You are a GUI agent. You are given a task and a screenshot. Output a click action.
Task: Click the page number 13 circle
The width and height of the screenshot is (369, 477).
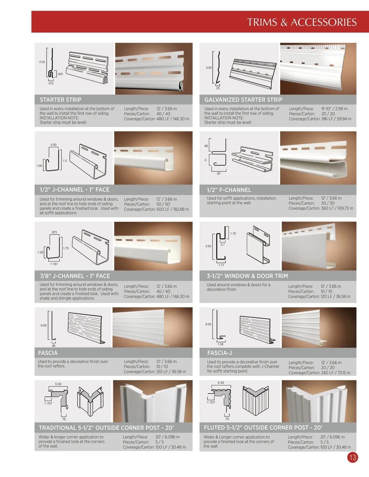click(x=353, y=457)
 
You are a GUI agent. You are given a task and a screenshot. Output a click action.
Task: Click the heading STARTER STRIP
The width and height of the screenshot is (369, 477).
click(x=61, y=100)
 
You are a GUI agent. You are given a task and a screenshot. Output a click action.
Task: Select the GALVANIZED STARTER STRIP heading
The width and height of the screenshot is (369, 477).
click(x=243, y=100)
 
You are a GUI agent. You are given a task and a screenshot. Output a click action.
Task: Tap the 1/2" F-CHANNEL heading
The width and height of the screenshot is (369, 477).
click(x=229, y=190)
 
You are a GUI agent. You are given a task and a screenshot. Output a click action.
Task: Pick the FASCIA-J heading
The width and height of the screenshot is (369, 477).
click(x=219, y=353)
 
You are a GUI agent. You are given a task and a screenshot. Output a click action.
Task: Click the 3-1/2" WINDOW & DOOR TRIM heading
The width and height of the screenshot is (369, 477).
click(x=247, y=276)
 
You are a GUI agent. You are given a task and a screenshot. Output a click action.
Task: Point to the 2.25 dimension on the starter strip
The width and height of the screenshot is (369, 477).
click(x=42, y=62)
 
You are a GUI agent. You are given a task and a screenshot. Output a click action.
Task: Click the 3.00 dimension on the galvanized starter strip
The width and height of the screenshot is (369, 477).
click(x=208, y=68)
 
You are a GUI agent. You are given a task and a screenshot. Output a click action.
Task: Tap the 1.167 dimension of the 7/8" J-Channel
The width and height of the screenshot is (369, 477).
click(x=54, y=264)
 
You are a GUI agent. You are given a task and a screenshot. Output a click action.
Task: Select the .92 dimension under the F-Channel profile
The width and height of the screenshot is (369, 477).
click(x=218, y=174)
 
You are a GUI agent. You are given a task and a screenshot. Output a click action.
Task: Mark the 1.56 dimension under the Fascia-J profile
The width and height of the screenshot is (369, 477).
click(x=220, y=344)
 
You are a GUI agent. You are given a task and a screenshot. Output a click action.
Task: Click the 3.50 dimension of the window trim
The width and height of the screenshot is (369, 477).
click(x=208, y=246)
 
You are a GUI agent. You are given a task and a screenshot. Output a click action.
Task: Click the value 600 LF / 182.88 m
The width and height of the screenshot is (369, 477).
click(x=173, y=209)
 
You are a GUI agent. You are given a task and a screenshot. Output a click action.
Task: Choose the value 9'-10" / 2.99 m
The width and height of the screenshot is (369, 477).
click(x=335, y=109)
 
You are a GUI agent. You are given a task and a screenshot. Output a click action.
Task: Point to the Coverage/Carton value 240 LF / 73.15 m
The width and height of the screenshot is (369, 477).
click(x=336, y=373)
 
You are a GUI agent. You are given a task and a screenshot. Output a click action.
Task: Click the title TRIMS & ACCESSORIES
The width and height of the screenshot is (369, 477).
click(x=302, y=22)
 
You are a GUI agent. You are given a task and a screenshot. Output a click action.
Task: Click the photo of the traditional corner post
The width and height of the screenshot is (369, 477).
click(x=153, y=401)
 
